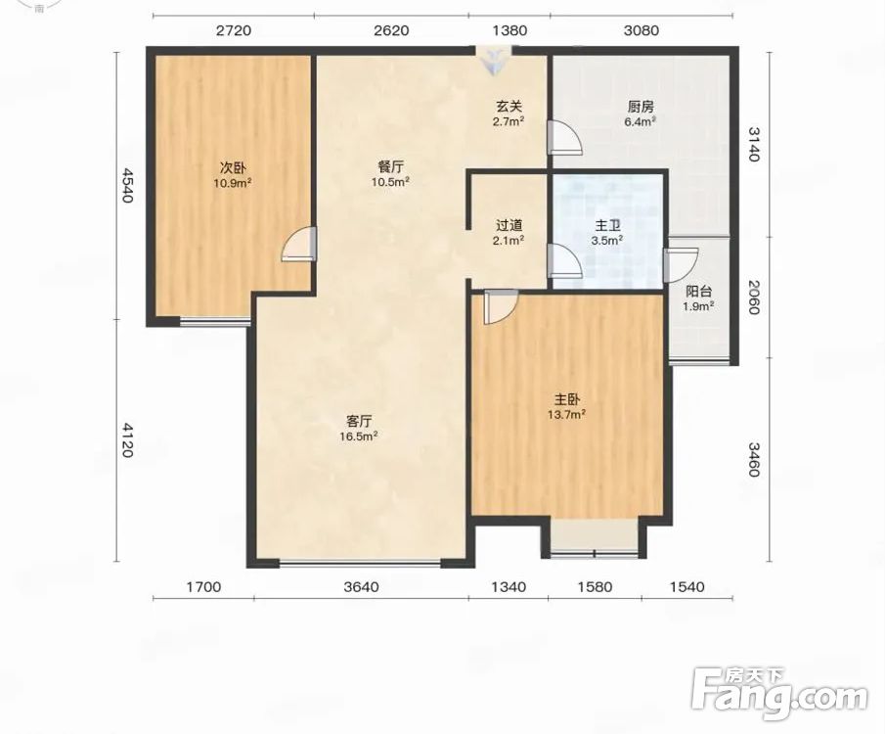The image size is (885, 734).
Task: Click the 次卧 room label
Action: [x=233, y=167]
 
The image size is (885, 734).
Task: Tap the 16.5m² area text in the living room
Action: [x=359, y=436]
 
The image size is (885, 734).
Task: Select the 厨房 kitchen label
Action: [x=641, y=107]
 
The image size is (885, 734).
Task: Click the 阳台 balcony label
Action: [x=699, y=292]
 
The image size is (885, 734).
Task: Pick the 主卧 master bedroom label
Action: [x=566, y=400]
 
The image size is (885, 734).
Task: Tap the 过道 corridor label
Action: [x=509, y=225]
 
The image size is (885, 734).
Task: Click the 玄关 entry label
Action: [x=509, y=106]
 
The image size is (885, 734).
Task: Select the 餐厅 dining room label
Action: [x=390, y=167]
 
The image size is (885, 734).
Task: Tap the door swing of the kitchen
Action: [x=565, y=137]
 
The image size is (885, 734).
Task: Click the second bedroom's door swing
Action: [x=298, y=244]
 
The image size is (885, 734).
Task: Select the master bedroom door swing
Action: [x=501, y=307]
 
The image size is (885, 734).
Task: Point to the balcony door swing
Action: [x=682, y=265]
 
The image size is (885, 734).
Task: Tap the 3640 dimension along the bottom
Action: [x=361, y=587]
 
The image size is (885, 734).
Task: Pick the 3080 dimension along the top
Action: [x=642, y=30]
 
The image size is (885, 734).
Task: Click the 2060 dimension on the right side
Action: [x=755, y=297]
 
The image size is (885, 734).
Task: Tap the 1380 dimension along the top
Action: [x=509, y=30]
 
